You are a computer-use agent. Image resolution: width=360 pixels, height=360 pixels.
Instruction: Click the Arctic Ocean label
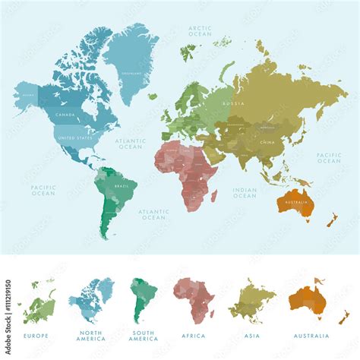click(201, 31)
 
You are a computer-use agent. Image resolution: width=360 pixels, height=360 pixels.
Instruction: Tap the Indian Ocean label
click(245, 192)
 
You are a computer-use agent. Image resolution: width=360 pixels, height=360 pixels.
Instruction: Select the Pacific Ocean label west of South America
click(43, 190)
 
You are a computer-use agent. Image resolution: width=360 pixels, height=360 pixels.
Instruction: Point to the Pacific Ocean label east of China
click(329, 158)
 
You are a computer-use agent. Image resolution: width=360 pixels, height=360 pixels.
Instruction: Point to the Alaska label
click(28, 96)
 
